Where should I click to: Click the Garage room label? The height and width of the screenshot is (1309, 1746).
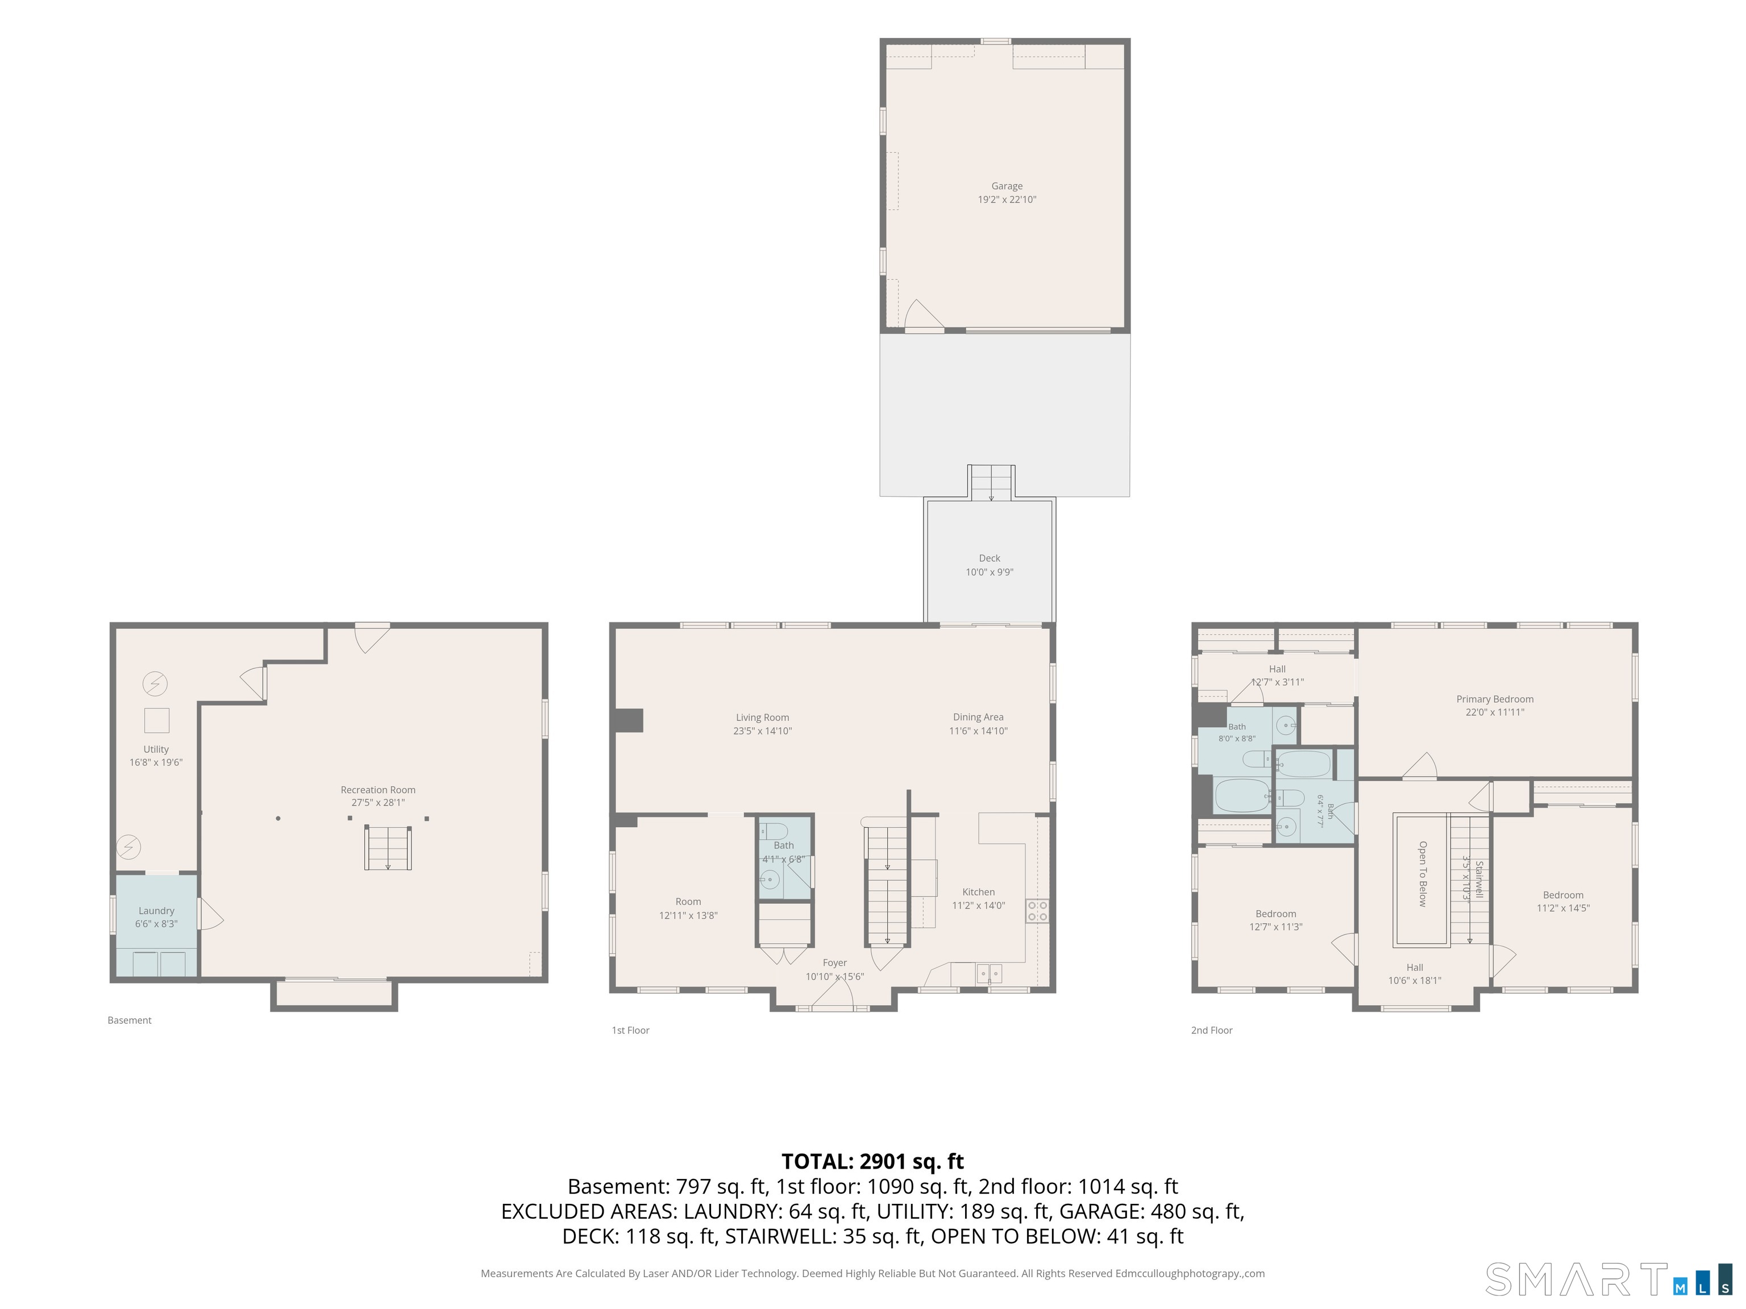(x=1007, y=186)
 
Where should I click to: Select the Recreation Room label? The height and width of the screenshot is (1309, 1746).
(x=378, y=790)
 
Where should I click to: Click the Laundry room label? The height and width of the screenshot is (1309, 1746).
(x=156, y=911)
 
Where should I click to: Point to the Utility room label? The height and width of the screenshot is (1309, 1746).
(x=156, y=749)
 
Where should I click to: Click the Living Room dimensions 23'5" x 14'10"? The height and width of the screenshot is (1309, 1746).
(x=763, y=731)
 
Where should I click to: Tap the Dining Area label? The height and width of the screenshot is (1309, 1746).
(x=978, y=717)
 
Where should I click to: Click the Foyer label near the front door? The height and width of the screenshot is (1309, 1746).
(x=834, y=962)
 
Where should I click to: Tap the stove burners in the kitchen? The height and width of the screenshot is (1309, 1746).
(x=1037, y=911)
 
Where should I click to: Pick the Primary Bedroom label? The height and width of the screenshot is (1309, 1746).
(x=1495, y=699)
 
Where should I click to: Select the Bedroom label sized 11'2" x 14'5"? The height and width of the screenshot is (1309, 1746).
(x=1563, y=895)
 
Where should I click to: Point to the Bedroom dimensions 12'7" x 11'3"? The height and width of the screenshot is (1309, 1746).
(x=1275, y=927)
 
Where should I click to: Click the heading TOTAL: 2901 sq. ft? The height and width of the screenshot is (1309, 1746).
(x=872, y=1161)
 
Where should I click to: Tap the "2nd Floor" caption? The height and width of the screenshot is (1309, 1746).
(x=1212, y=1031)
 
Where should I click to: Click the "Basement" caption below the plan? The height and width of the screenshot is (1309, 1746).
(x=130, y=1020)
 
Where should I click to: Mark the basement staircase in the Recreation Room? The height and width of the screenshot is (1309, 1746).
(x=388, y=848)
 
